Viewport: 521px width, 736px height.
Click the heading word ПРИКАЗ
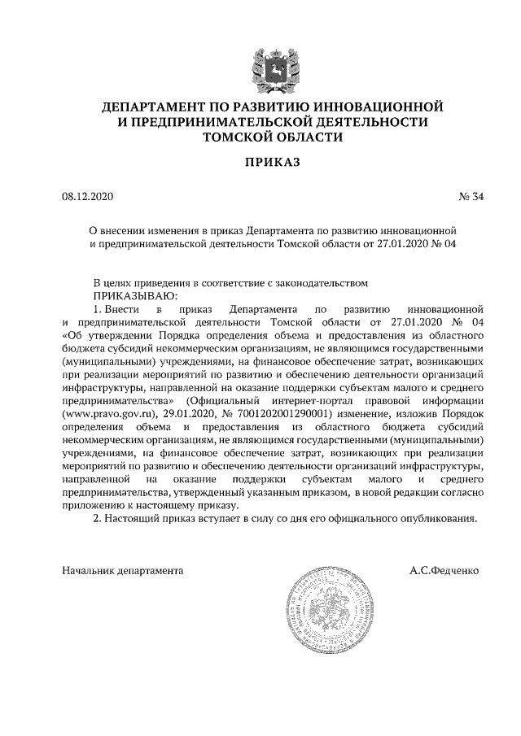(x=273, y=163)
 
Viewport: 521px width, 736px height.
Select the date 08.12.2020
(x=90, y=198)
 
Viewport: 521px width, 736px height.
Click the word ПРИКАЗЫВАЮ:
(x=131, y=295)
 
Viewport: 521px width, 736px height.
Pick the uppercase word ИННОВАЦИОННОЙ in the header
(x=383, y=107)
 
